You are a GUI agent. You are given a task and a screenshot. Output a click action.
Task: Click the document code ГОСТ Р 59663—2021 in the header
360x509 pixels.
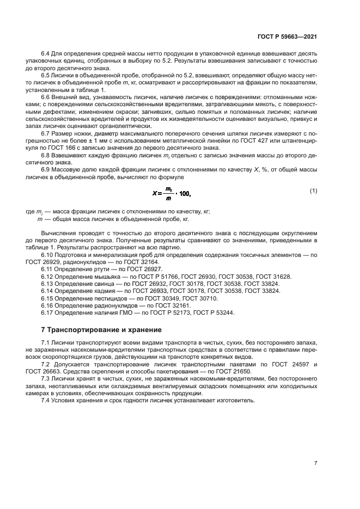pos(286,36)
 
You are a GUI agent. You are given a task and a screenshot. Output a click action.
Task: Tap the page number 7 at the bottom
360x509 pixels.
pos(315,463)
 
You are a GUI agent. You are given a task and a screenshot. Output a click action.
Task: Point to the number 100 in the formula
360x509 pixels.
pos(185,193)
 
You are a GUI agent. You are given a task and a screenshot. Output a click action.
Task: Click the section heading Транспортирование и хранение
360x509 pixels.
pos(102,330)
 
